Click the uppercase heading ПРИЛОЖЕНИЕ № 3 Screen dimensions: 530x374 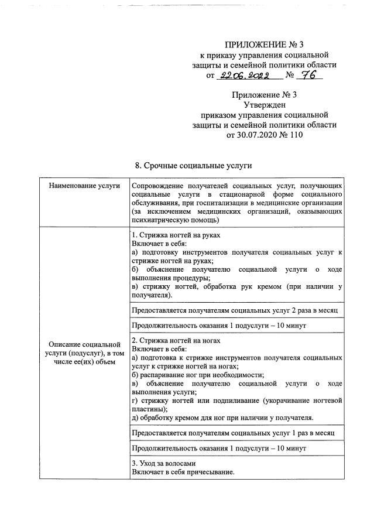point(264,45)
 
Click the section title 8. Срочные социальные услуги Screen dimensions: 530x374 point(194,166)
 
